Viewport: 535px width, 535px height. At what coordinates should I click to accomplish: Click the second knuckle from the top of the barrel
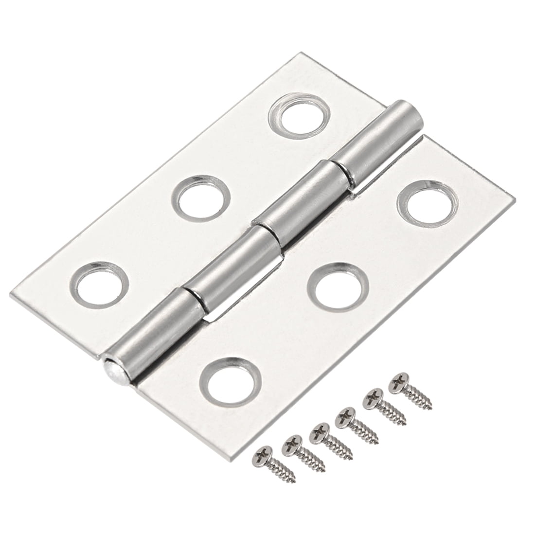300,199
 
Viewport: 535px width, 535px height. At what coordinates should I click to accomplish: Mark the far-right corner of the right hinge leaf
513,198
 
